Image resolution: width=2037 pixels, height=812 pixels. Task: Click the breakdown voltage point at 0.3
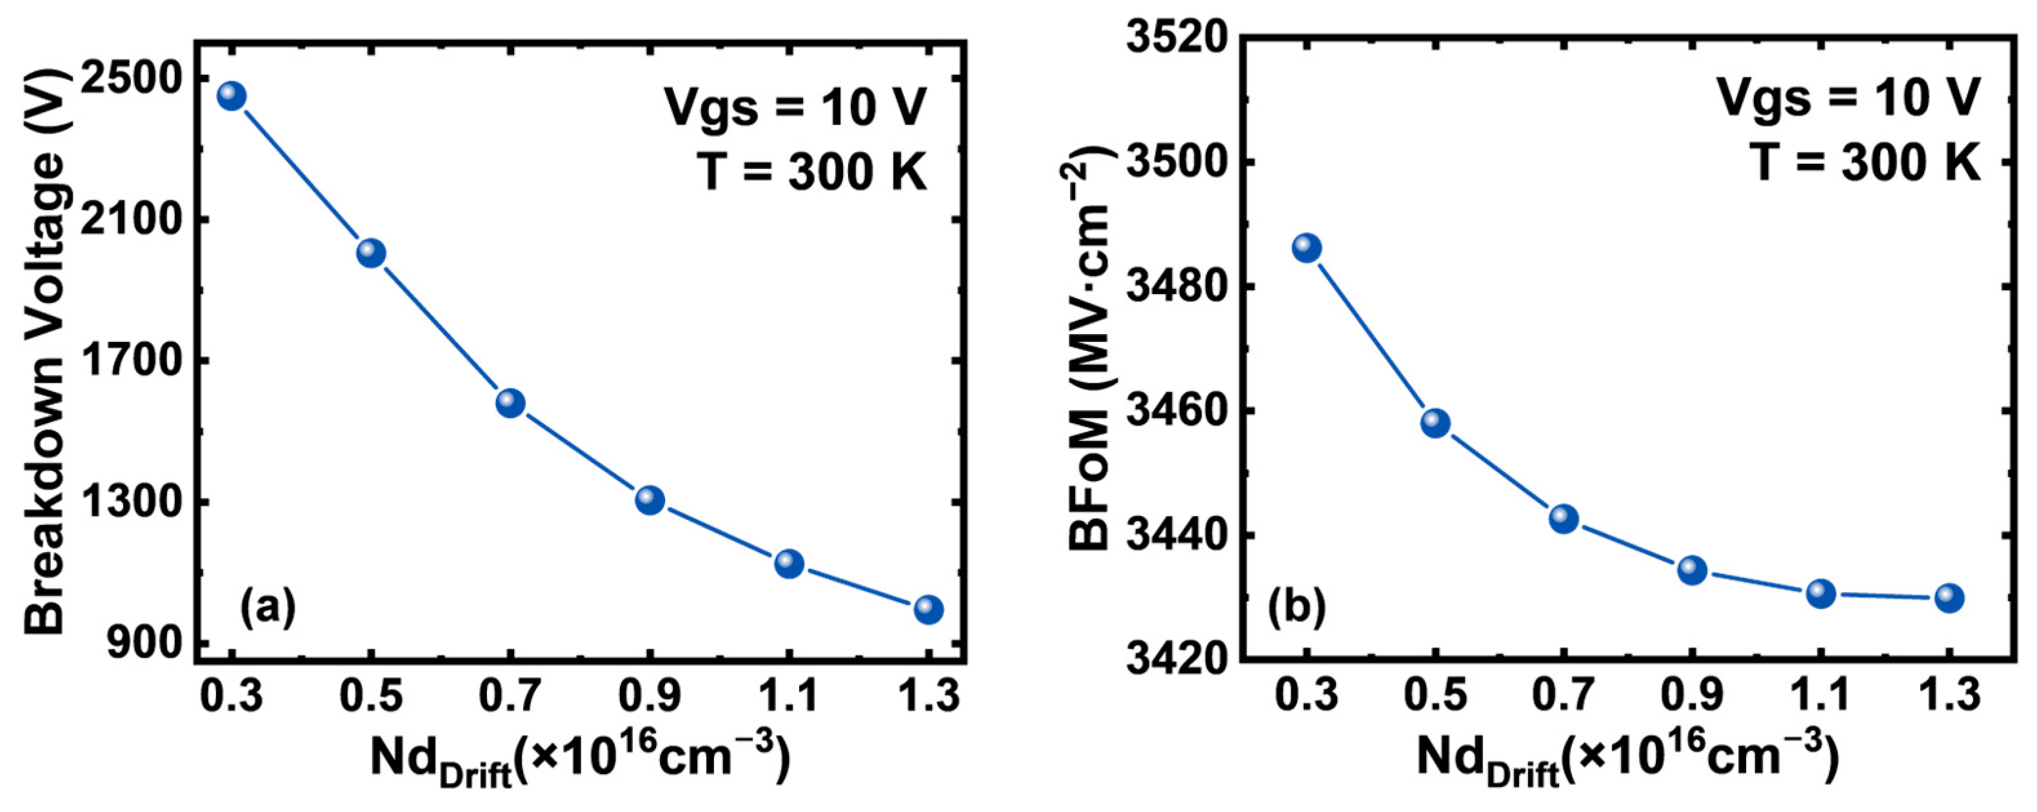pyautogui.click(x=232, y=95)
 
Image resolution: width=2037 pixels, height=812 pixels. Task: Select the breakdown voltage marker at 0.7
pyautogui.click(x=510, y=403)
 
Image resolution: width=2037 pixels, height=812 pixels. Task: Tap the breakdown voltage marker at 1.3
pyautogui.click(x=928, y=609)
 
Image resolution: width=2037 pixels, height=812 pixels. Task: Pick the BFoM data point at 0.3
pyautogui.click(x=1307, y=248)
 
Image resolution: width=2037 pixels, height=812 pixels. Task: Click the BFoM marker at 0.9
pyautogui.click(x=1692, y=569)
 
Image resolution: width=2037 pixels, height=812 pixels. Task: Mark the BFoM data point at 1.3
pyautogui.click(x=1949, y=598)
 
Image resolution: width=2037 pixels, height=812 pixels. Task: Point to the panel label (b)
pyautogui.click(x=1297, y=607)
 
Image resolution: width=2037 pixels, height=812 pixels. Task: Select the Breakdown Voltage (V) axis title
pyautogui.click(x=45, y=348)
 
